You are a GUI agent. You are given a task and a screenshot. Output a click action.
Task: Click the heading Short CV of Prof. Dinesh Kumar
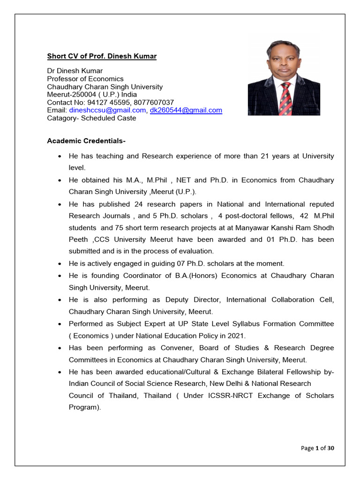(x=102, y=56)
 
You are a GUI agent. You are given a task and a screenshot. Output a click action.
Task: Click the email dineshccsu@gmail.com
(x=107, y=110)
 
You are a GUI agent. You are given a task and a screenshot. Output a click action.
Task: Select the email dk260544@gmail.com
(x=186, y=110)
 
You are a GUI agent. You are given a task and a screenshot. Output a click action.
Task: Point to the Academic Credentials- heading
(x=86, y=141)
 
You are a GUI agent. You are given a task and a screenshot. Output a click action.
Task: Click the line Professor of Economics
(x=85, y=79)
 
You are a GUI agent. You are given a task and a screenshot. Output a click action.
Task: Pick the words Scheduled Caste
(x=109, y=118)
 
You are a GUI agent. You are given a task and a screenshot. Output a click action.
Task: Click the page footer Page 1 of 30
(x=317, y=448)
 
